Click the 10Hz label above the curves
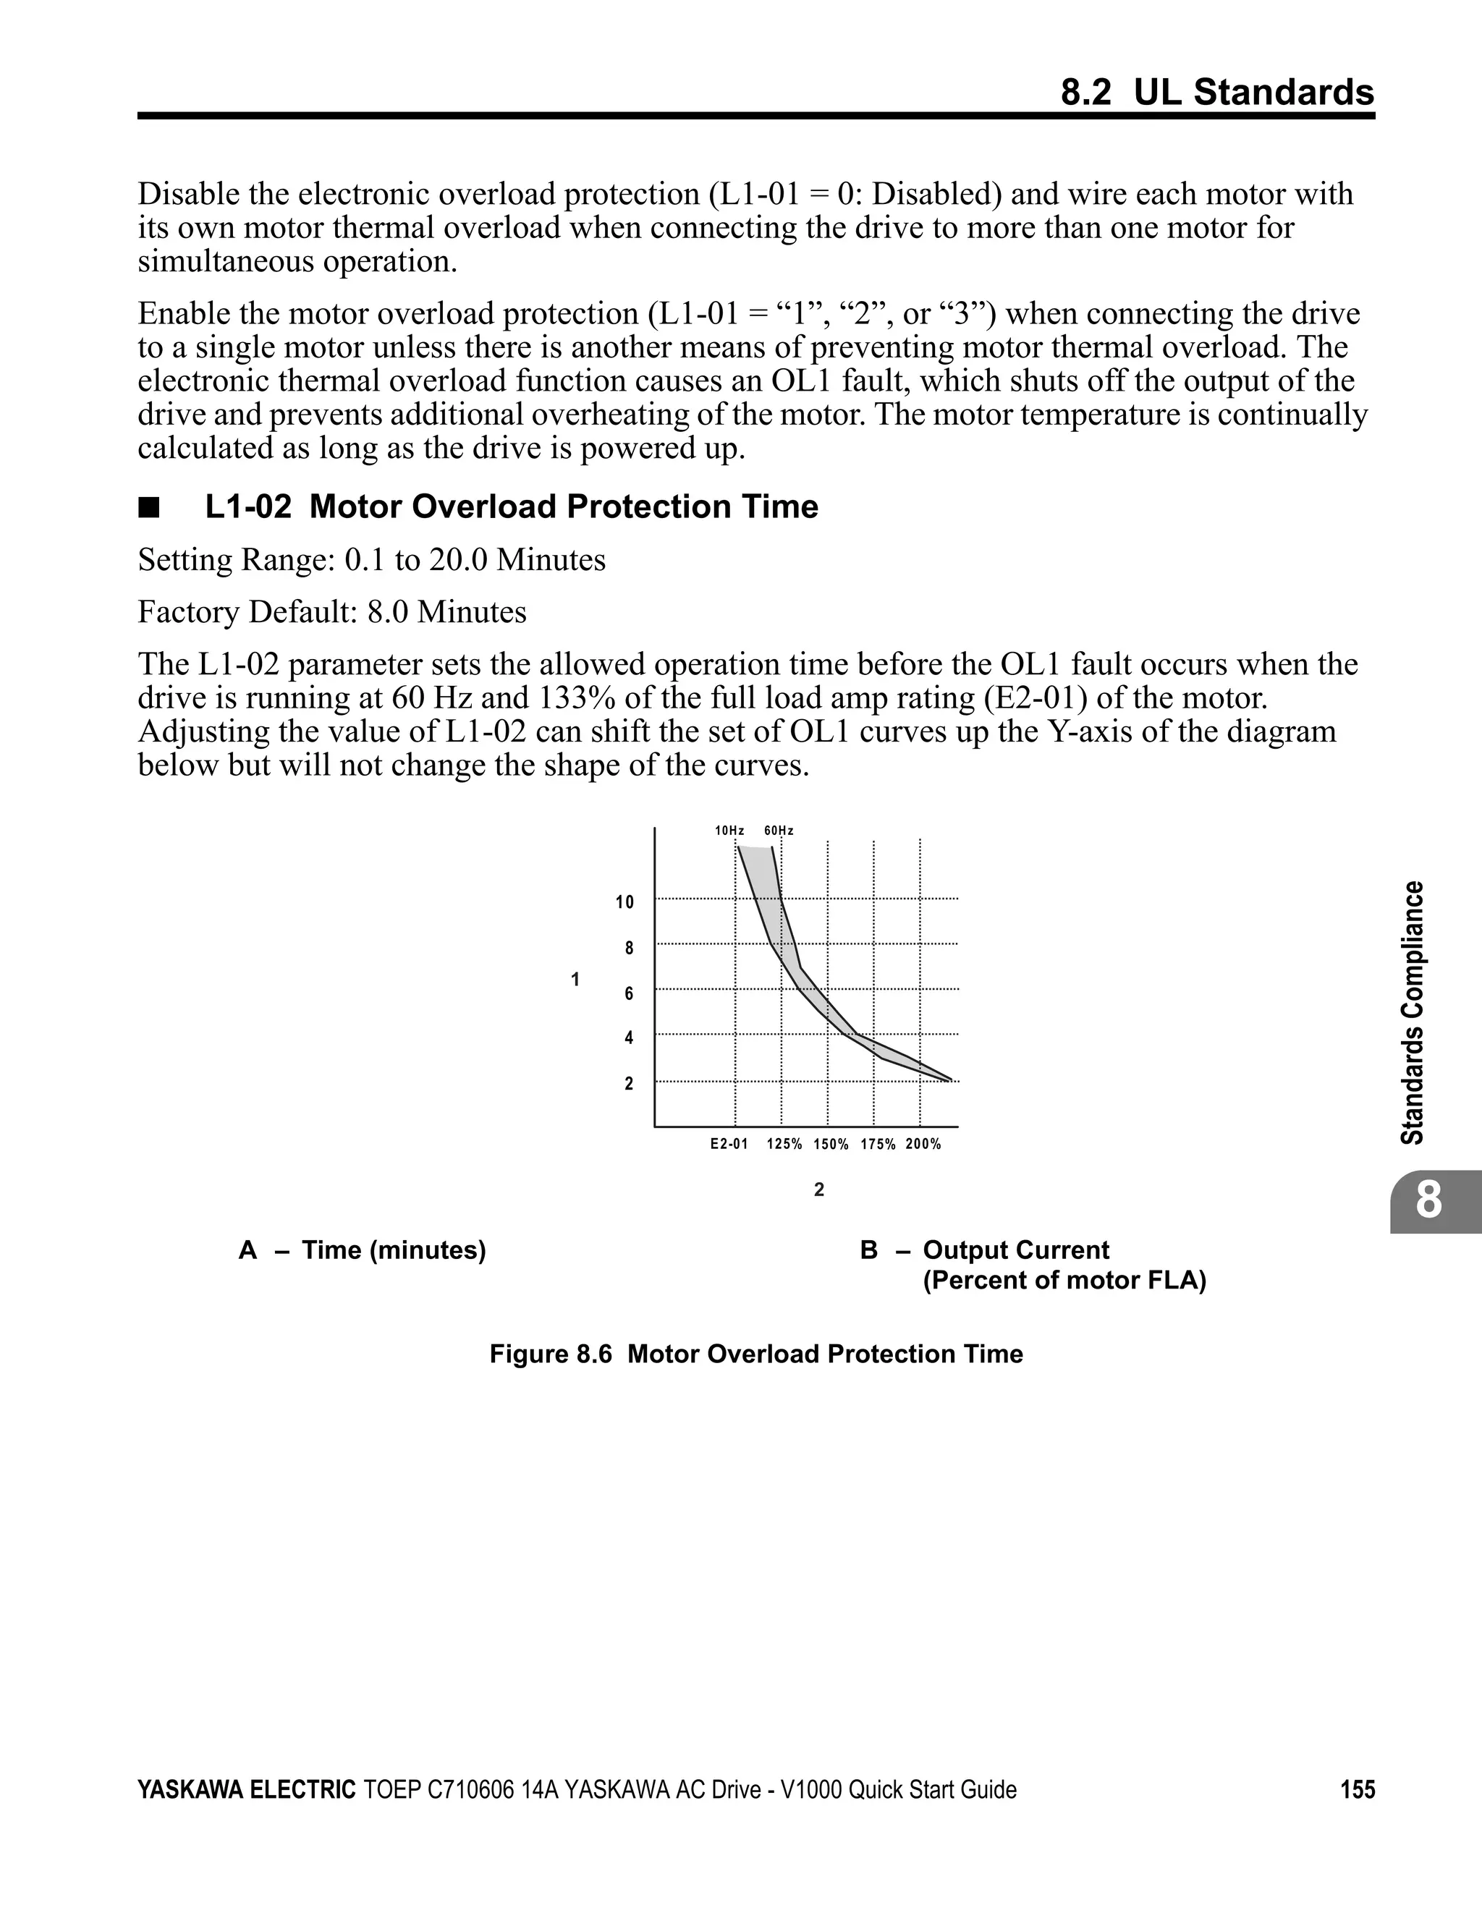click(x=729, y=831)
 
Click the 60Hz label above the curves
click(x=779, y=831)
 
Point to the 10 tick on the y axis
click(x=624, y=902)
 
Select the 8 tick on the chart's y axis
click(x=629, y=949)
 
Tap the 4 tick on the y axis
click(x=629, y=1038)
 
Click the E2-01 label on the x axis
click(x=729, y=1145)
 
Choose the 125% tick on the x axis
click(x=784, y=1145)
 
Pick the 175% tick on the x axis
click(x=878, y=1145)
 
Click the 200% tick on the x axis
click(x=923, y=1145)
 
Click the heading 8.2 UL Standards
click(x=1217, y=93)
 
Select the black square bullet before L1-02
click(x=148, y=508)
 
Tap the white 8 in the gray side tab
click(x=1429, y=1201)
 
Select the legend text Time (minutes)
click(x=394, y=1250)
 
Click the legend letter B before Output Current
click(x=869, y=1250)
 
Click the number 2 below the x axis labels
click(x=818, y=1190)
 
